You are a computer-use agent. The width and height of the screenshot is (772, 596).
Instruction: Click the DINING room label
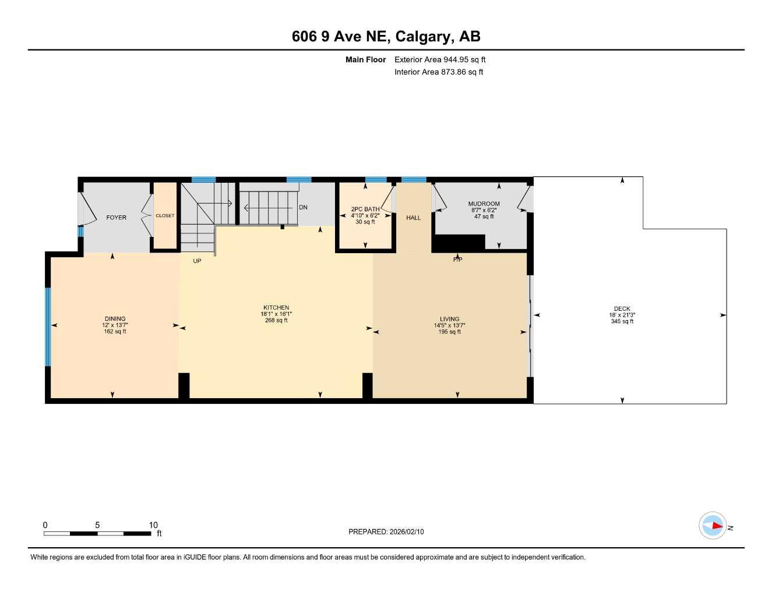(x=115, y=319)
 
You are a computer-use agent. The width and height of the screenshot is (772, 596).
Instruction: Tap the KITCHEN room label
(x=276, y=308)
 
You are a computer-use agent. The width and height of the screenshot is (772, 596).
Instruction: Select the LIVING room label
(x=449, y=319)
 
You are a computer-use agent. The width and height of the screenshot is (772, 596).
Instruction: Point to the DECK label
(x=622, y=309)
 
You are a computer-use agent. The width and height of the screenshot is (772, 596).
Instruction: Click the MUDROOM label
(x=484, y=204)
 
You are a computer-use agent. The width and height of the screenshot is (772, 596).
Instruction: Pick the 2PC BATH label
(x=365, y=209)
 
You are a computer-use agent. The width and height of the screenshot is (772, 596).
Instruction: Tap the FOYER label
(x=116, y=218)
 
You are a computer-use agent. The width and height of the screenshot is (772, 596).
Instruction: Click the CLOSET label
(x=165, y=216)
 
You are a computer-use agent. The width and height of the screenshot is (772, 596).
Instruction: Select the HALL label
(x=413, y=218)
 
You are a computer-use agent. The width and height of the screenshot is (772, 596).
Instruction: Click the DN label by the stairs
(x=303, y=207)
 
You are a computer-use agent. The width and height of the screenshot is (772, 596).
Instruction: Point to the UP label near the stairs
(x=197, y=261)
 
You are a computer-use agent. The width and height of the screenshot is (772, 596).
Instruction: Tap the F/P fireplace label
(x=457, y=260)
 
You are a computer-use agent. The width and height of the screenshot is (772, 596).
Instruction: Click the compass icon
(x=713, y=526)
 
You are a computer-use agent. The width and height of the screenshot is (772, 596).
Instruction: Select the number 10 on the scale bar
(x=153, y=525)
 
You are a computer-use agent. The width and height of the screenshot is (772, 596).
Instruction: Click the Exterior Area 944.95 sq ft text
(x=440, y=59)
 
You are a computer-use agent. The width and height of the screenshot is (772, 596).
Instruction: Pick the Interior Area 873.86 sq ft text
(x=439, y=72)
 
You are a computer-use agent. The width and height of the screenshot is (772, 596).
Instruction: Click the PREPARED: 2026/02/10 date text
(x=386, y=531)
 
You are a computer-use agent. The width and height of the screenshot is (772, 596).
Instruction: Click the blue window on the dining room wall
(x=48, y=327)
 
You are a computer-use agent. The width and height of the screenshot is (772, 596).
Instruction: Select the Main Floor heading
(x=365, y=59)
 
